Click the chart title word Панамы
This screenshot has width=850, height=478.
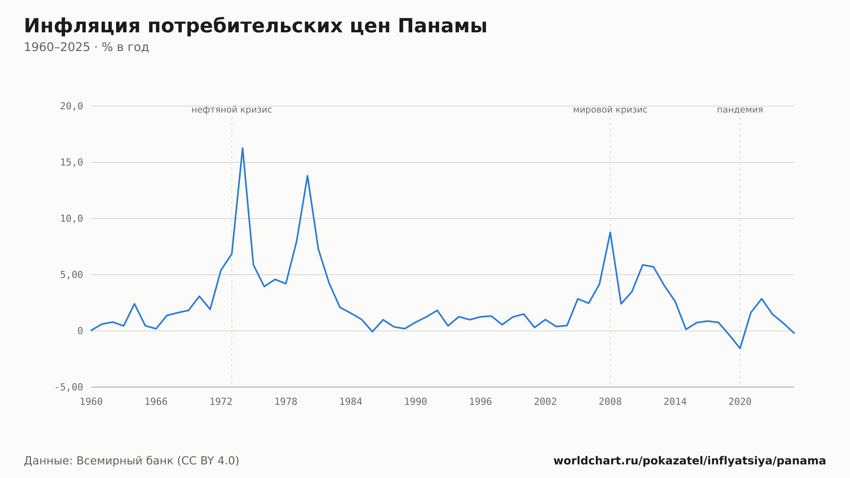442,26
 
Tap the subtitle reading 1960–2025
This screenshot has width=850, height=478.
57,47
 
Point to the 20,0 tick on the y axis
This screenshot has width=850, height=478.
71,106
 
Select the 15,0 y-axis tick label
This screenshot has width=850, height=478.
71,162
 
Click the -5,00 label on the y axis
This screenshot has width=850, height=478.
69,387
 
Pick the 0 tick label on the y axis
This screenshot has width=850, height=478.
80,331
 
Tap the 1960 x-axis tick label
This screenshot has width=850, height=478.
91,402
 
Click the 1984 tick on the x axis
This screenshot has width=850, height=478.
351,402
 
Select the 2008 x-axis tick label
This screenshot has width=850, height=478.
610,402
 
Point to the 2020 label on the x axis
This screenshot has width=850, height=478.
740,402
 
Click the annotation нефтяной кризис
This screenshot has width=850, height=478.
232,110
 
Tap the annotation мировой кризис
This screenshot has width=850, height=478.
610,110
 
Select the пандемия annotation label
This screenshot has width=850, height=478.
740,110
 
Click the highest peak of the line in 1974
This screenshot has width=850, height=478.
242,148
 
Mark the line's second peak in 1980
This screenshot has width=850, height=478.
307,176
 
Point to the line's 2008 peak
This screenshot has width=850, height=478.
610,232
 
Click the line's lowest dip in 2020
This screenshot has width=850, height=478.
740,348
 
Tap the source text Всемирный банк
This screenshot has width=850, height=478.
125,461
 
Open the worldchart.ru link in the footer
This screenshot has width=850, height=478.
690,461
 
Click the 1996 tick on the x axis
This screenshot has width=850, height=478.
481,402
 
